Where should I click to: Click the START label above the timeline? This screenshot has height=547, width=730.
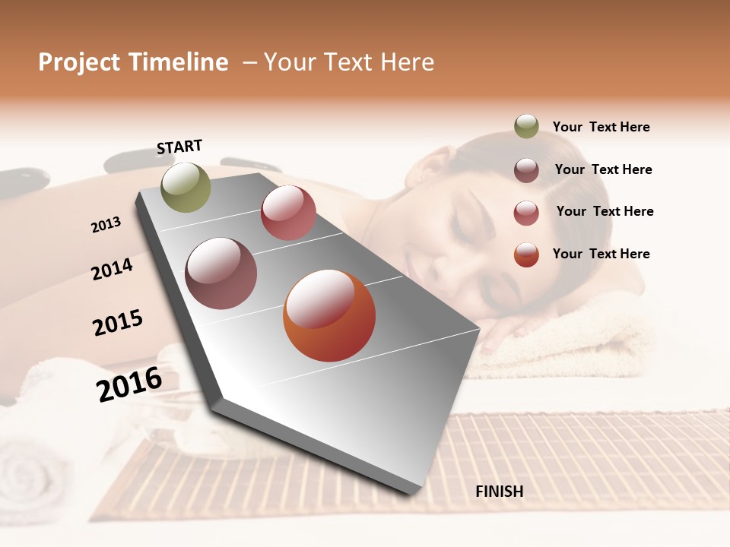pyautogui.click(x=179, y=147)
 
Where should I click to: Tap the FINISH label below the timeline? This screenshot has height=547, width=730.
pyautogui.click(x=499, y=492)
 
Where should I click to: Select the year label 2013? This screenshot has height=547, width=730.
pyautogui.click(x=106, y=224)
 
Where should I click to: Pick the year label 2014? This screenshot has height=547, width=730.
pyautogui.click(x=112, y=269)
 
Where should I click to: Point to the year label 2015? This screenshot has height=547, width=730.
pyautogui.click(x=118, y=323)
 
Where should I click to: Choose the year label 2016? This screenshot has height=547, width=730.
pyautogui.click(x=129, y=384)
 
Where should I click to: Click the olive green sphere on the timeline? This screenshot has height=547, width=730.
pyautogui.click(x=186, y=187)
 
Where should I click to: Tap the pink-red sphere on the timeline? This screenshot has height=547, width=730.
pyautogui.click(x=288, y=213)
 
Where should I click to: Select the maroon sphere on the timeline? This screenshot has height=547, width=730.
pyautogui.click(x=221, y=273)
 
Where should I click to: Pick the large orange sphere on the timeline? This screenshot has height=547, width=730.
pyautogui.click(x=329, y=315)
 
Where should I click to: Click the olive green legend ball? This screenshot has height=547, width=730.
pyautogui.click(x=526, y=126)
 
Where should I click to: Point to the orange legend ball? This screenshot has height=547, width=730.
pyautogui.click(x=526, y=255)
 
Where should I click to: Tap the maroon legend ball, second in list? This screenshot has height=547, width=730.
pyautogui.click(x=526, y=170)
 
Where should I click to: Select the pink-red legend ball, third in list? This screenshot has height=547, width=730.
pyautogui.click(x=526, y=213)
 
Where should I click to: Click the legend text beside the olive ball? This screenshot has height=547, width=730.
pyautogui.click(x=601, y=127)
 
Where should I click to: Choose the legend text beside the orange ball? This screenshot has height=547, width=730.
pyautogui.click(x=601, y=254)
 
